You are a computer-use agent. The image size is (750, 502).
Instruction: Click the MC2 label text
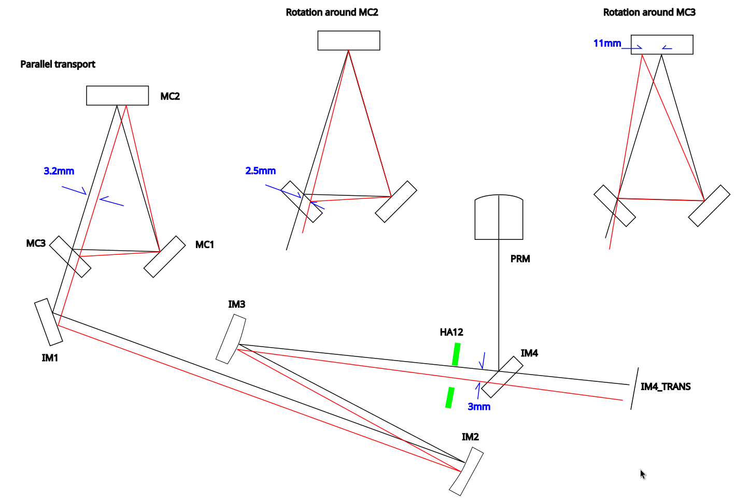170,96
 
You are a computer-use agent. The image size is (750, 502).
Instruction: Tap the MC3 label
36,243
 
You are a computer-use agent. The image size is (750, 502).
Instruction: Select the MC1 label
205,245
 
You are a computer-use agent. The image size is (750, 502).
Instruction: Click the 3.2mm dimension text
59,171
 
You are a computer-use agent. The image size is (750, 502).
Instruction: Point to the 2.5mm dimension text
261,170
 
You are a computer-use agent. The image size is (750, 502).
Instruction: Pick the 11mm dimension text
607,43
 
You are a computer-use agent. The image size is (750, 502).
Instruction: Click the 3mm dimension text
479,407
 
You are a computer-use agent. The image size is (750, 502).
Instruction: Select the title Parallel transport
58,64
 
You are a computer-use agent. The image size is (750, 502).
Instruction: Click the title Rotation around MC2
332,12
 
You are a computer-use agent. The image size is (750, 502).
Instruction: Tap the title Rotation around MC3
649,12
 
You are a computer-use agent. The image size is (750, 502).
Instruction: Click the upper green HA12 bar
456,354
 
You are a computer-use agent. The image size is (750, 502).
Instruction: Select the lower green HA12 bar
450,397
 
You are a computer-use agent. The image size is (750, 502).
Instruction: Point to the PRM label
520,259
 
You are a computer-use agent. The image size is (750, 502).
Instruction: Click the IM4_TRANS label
666,386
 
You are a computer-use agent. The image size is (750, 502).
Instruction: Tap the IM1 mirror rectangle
49,322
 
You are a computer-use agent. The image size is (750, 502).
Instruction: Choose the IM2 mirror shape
466,471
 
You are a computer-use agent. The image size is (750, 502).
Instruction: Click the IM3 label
237,304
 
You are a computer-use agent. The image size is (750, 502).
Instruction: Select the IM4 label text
529,353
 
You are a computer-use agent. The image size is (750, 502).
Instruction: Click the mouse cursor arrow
643,475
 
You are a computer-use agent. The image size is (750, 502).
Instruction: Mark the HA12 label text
451,332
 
